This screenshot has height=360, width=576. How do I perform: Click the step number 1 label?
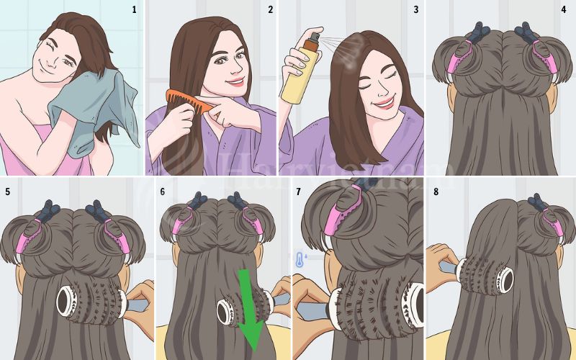[133, 9]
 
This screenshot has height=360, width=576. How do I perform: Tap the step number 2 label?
[270, 9]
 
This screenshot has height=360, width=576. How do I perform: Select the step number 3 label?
[415, 9]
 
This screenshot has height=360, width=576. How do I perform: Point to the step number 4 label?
[563, 9]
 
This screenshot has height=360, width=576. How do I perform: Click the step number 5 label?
[8, 192]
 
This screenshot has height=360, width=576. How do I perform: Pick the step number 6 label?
[162, 192]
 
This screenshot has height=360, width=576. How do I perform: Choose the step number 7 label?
[298, 192]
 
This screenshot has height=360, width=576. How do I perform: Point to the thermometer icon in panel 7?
[299, 260]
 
